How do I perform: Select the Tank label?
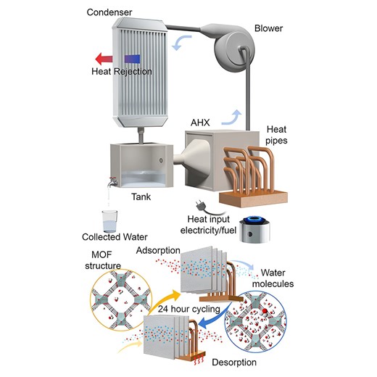(x=135, y=196)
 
